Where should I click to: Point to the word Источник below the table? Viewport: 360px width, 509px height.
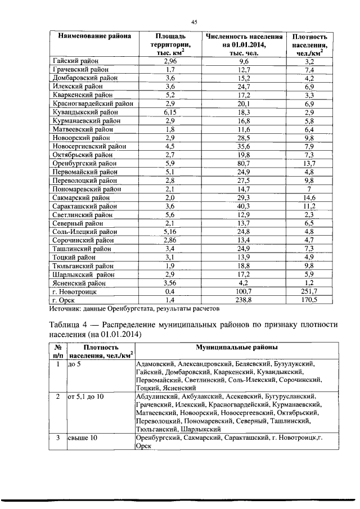(x=65, y=309)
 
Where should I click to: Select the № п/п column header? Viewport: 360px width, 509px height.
(x=57, y=353)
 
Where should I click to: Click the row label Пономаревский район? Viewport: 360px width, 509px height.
(x=85, y=189)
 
